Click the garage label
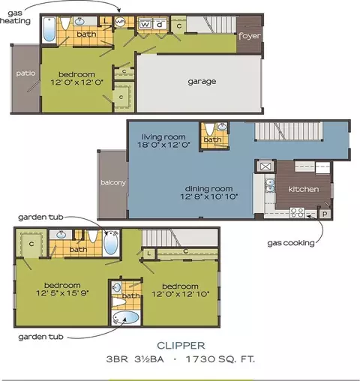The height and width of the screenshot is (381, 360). pos(202,82)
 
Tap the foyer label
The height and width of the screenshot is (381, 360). pos(249,36)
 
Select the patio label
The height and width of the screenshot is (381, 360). pos(25,73)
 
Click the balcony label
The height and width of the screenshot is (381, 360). pos(113,182)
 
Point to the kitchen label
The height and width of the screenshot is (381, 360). pos(304,189)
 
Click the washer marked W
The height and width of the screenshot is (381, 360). pos(145,24)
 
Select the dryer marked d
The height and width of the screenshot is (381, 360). pos(160,24)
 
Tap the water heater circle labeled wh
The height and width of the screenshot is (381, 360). pos(120,22)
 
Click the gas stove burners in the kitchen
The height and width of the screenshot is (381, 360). pos(297,213)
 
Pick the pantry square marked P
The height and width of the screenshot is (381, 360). pos(325,214)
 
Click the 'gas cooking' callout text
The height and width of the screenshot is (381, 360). pos(291,243)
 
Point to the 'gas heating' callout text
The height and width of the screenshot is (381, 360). pos(16,17)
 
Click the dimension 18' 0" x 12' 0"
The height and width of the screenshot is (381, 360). pos(164,145)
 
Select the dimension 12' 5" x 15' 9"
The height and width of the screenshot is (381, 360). pos(62,293)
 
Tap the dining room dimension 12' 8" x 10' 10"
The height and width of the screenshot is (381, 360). pos(209,196)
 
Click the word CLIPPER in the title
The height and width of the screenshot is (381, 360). pos(181,346)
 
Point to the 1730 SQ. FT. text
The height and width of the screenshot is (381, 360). pos(220,359)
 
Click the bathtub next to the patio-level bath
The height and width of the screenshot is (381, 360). pos(49,30)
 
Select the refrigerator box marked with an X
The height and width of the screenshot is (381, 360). pos(264,166)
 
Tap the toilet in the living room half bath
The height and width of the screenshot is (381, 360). pos(209,129)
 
